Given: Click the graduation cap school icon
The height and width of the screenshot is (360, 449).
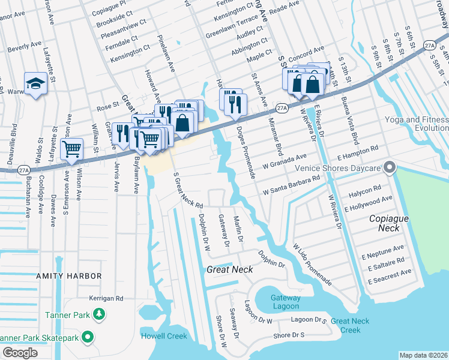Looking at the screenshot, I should coord(35,84).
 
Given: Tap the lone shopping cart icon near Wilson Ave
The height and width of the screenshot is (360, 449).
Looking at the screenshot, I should coord(71,149).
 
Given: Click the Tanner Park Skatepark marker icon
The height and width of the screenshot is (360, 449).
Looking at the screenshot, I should coord(88,338).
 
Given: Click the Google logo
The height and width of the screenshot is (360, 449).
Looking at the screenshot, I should coord(20,352).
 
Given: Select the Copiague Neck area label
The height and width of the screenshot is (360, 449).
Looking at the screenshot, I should coord(388,223).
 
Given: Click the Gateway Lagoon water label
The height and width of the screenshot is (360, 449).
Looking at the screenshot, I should coord(285,302).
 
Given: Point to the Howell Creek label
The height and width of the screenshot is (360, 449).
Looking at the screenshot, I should coord(164,335).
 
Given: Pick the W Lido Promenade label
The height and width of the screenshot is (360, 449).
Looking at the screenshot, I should coord(312,264).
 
